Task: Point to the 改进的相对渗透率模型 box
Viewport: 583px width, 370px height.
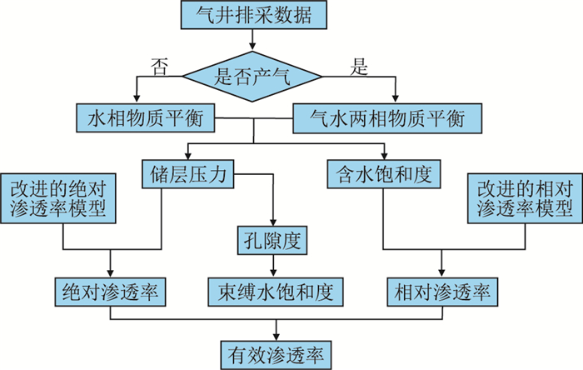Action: point(522,197)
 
